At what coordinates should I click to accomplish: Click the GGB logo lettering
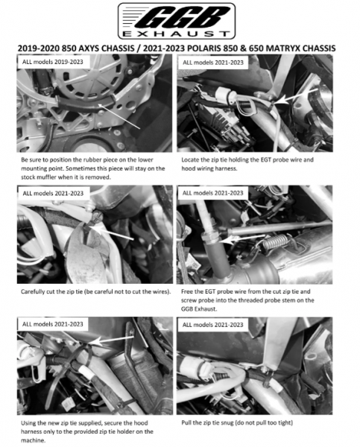[x=183, y=18]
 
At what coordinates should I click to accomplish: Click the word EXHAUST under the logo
[x=176, y=34]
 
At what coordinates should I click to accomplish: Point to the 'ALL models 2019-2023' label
[x=53, y=62]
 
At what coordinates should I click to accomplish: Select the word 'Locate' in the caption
[x=190, y=159]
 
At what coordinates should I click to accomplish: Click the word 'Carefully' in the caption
[x=33, y=291]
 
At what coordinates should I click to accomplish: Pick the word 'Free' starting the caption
[x=187, y=291]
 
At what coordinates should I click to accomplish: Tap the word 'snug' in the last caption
[x=227, y=422]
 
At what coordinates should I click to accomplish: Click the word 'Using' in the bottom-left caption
[x=28, y=422]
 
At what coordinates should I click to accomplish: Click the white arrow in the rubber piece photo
[x=119, y=116]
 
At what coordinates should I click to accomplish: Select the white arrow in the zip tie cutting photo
[x=113, y=232]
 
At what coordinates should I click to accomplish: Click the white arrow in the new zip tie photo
[x=111, y=340]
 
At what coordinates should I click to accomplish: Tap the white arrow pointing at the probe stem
[x=241, y=239]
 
